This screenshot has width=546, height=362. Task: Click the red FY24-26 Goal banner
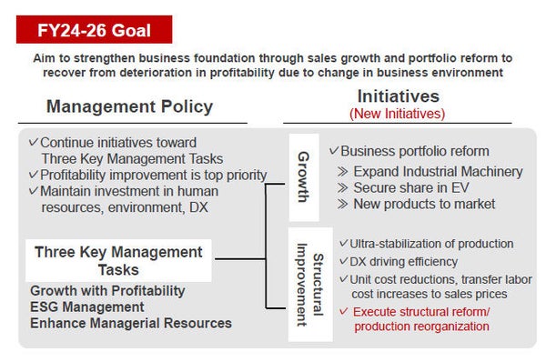pos(94,29)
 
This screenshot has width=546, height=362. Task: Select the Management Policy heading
pos(129,106)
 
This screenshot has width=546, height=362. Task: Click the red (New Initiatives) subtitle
pos(398,114)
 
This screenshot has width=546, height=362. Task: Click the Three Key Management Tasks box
pos(118,261)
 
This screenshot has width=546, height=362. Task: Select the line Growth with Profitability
pos(107,291)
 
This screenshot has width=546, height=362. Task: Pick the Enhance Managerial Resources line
pos(131,323)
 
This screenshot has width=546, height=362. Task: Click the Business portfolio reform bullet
pos(414,151)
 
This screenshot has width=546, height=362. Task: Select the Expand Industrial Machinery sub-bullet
pos(437,172)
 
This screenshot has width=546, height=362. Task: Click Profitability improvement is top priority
pos(153,175)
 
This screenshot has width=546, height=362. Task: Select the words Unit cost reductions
pos(401,278)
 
